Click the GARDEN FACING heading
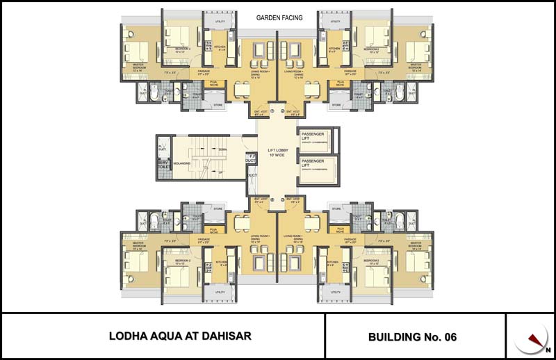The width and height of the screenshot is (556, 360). (279, 18)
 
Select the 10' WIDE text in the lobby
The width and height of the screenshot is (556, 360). (278, 155)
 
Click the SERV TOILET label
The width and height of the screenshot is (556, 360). (163, 165)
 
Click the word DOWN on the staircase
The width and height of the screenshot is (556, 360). (222, 149)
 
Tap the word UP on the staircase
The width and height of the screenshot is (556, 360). (221, 172)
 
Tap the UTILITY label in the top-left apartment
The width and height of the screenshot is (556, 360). (220, 22)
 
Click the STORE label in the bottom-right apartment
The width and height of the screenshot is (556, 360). (336, 208)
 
